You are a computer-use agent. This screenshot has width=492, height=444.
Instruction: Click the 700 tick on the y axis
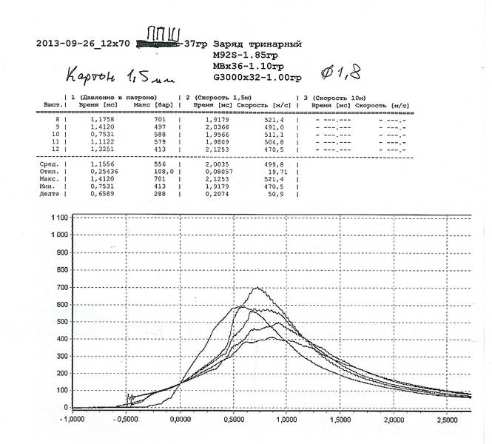pos(60,286)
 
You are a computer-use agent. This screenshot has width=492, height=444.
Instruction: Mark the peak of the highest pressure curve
pos(257,287)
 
